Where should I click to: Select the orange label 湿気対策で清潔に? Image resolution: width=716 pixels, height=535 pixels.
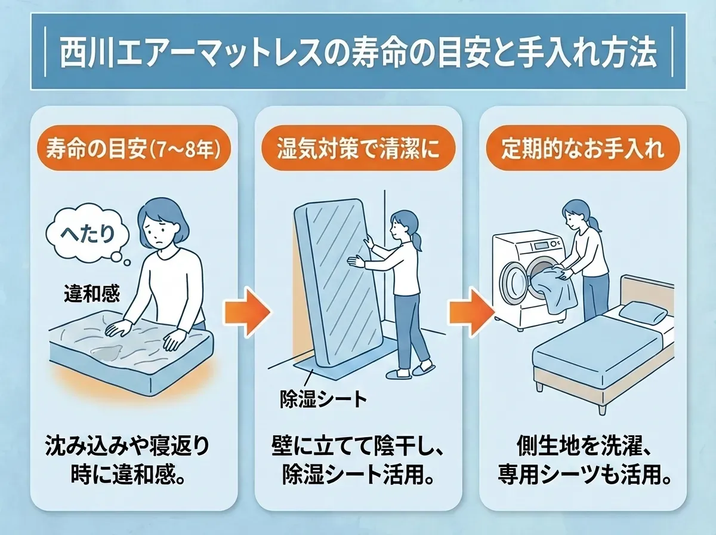point(357,148)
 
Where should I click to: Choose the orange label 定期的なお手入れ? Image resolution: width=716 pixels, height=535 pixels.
point(582,148)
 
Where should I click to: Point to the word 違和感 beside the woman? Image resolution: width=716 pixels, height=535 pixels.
point(91,294)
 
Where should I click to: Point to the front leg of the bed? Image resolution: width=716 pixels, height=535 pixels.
point(539,385)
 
